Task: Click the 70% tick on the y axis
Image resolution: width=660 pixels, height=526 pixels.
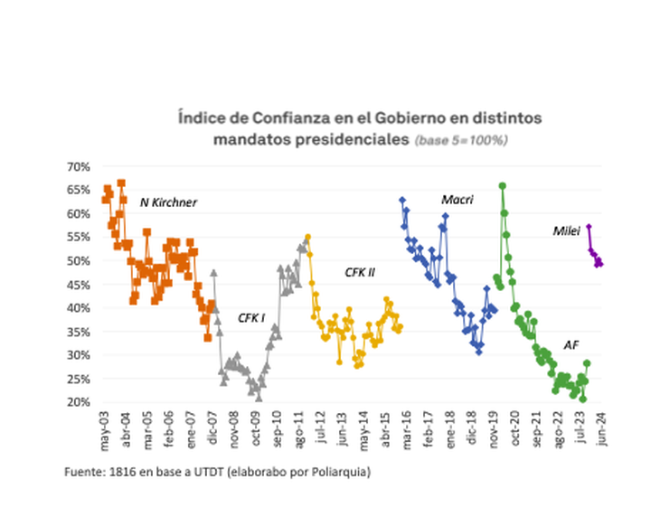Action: click(77, 166)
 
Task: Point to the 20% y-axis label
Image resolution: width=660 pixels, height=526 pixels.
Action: click(77, 401)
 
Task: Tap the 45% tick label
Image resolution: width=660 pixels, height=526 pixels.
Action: click(77, 284)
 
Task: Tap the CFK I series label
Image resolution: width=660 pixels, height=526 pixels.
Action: click(251, 318)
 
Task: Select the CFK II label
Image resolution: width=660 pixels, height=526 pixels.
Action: click(360, 272)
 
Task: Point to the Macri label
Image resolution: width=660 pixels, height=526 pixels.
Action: click(458, 200)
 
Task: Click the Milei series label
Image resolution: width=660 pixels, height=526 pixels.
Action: click(566, 231)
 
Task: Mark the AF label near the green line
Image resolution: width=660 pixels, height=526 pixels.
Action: click(571, 344)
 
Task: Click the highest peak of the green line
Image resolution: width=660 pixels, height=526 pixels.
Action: click(502, 185)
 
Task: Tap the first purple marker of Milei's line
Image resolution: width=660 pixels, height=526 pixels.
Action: click(589, 227)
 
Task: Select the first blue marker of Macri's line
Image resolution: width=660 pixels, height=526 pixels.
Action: click(401, 200)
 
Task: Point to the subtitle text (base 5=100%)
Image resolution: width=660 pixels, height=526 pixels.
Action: click(460, 141)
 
